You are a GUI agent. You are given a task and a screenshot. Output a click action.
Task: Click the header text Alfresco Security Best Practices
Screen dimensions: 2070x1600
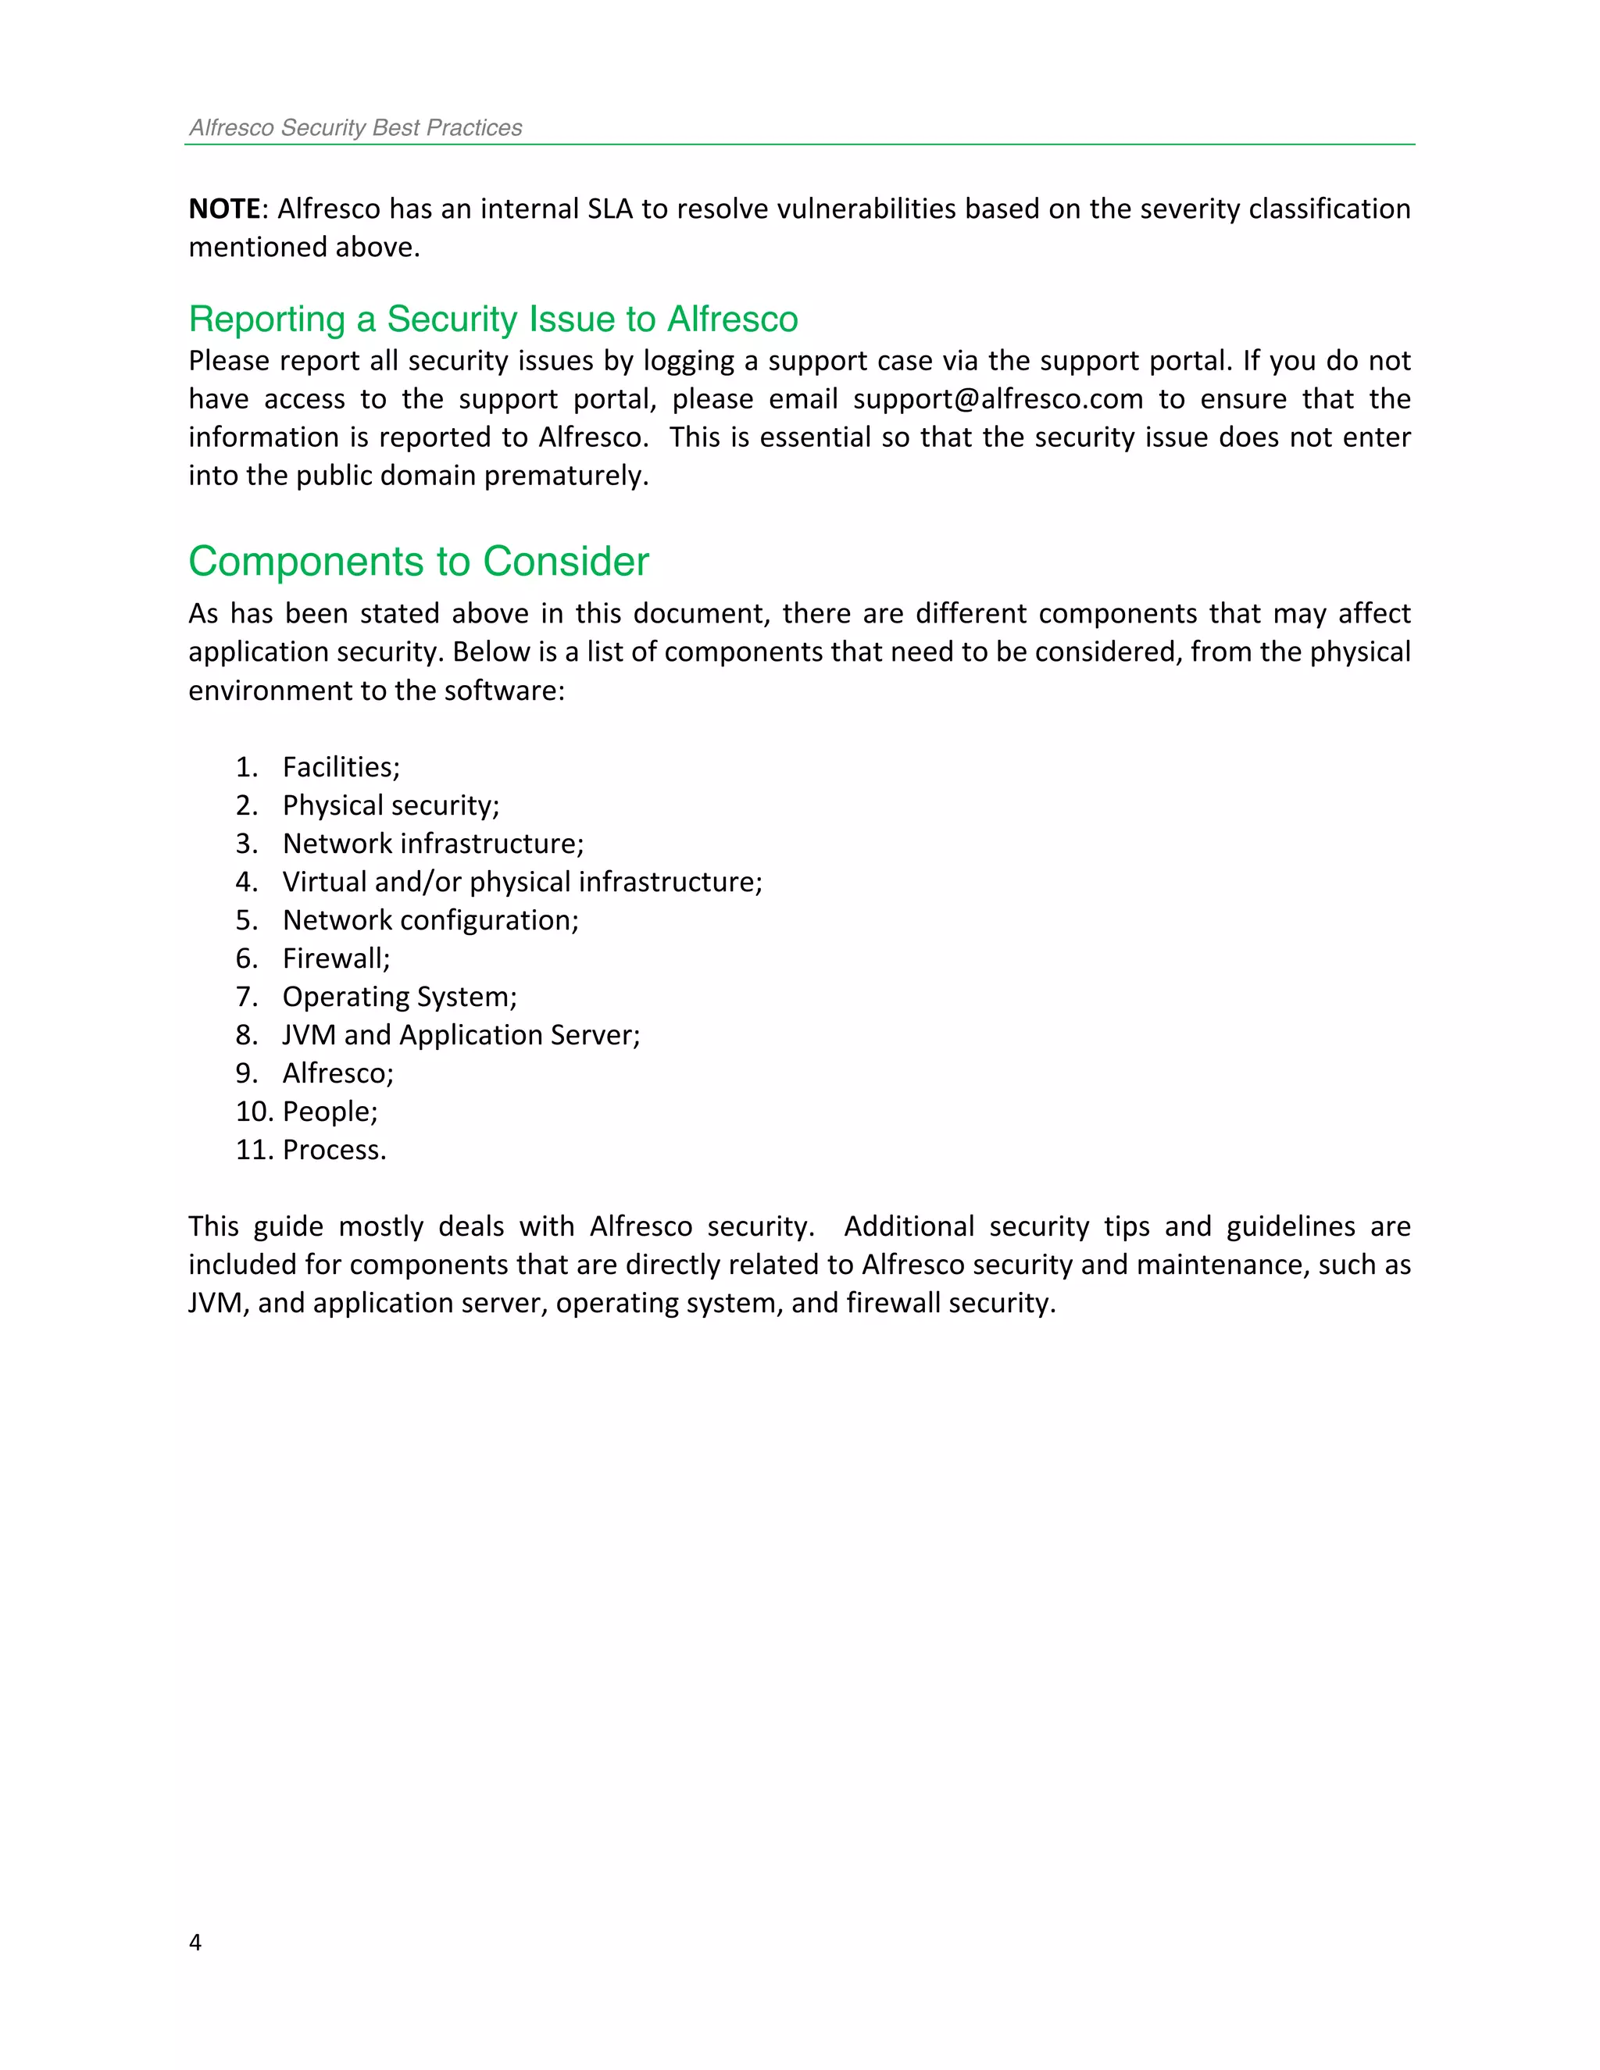355,128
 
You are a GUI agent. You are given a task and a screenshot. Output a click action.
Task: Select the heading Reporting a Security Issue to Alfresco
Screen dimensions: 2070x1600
493,319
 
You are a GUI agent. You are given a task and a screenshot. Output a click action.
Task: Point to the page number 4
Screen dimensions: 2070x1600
195,1942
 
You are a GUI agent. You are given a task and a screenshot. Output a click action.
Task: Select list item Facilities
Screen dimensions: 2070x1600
341,767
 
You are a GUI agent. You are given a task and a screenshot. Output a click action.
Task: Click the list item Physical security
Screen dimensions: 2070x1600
390,805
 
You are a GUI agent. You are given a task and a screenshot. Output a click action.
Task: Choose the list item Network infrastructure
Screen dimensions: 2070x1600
432,844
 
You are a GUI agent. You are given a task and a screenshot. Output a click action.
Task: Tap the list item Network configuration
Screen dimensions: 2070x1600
430,920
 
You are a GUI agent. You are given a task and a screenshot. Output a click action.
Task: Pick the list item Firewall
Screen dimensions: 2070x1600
335,958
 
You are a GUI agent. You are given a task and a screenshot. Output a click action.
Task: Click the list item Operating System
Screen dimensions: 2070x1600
399,997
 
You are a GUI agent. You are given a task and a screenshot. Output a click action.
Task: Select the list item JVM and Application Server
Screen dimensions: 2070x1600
461,1035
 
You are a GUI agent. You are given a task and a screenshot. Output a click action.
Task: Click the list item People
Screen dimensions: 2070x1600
329,1112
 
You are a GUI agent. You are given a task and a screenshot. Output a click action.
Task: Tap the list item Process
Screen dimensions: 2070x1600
334,1150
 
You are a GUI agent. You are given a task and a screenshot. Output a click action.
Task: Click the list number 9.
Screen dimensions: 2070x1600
245,1073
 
